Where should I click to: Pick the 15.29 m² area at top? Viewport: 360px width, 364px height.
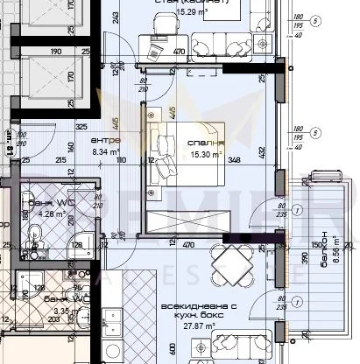(190, 13)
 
